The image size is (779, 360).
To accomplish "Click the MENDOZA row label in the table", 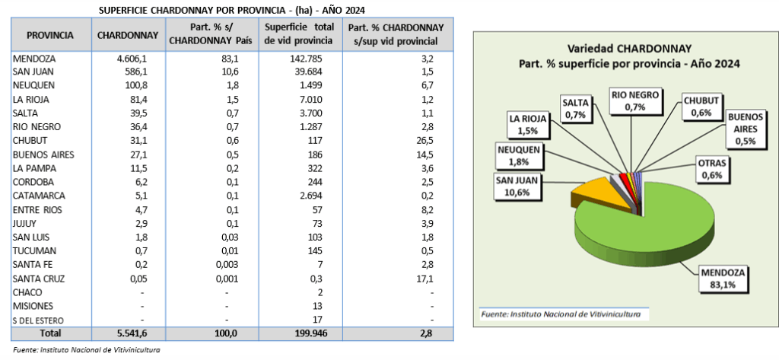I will coord(35,58).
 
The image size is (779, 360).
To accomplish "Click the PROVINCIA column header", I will coord(50,35).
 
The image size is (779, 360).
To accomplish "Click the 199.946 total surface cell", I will coord(304,333).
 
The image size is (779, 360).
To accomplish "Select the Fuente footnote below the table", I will coord(84,350).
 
